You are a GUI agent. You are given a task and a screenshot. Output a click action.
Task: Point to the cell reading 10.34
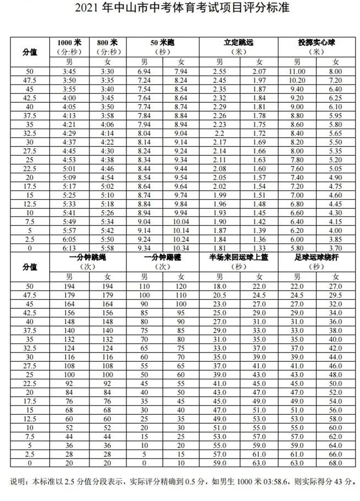(181, 248)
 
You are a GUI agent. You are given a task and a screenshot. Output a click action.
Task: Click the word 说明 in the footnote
(18, 481)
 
